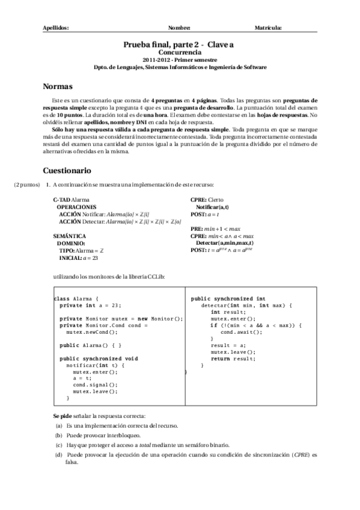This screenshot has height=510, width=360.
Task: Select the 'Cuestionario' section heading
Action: [67, 170]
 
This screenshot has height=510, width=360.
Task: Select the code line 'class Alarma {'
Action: [75, 298]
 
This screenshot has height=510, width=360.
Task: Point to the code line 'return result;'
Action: [230, 358]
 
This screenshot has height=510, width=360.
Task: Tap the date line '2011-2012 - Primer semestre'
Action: [180, 60]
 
